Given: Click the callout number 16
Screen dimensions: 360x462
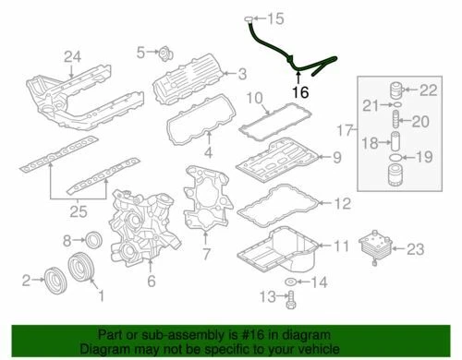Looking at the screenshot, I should [x=298, y=92].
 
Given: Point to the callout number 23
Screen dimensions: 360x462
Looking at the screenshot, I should [x=414, y=247].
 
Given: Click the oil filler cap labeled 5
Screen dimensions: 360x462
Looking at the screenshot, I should [x=162, y=52].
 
